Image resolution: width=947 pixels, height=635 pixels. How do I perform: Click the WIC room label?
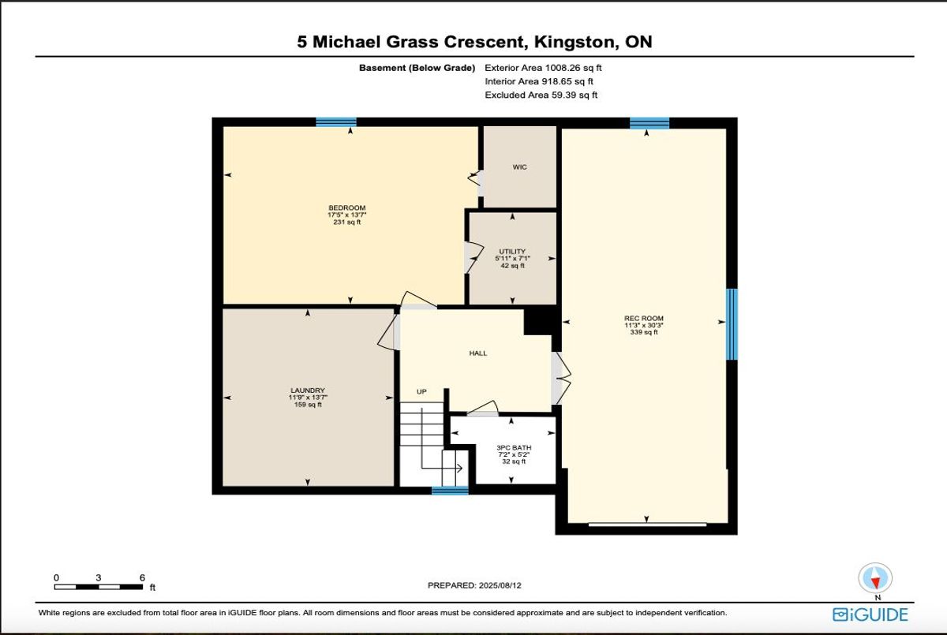(519, 167)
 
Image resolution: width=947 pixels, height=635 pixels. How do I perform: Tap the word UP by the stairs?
(421, 391)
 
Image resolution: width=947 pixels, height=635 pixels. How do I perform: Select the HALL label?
(478, 353)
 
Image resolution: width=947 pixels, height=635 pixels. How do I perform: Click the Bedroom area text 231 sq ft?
(347, 222)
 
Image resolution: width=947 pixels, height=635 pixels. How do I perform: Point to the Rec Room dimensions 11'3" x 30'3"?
(644, 325)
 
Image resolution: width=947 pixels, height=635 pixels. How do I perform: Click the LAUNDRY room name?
(308, 390)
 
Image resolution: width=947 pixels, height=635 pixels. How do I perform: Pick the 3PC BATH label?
(514, 447)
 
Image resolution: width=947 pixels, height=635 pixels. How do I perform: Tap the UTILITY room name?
(512, 252)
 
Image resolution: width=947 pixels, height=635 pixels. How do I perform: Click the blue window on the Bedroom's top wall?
(336, 122)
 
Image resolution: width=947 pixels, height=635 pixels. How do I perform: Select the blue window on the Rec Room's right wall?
(732, 324)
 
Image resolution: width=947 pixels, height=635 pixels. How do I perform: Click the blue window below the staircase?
(450, 491)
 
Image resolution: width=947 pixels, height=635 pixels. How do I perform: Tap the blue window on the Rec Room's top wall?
(649, 123)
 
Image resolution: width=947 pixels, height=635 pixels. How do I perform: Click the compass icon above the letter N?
(875, 578)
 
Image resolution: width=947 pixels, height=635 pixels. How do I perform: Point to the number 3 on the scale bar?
(99, 577)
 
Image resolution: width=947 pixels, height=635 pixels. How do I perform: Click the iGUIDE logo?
(870, 614)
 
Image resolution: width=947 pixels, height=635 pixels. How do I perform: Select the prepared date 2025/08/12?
(500, 585)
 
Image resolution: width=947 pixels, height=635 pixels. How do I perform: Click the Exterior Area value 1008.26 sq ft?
(573, 68)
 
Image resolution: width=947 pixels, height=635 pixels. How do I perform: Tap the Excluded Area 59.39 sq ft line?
(541, 95)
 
